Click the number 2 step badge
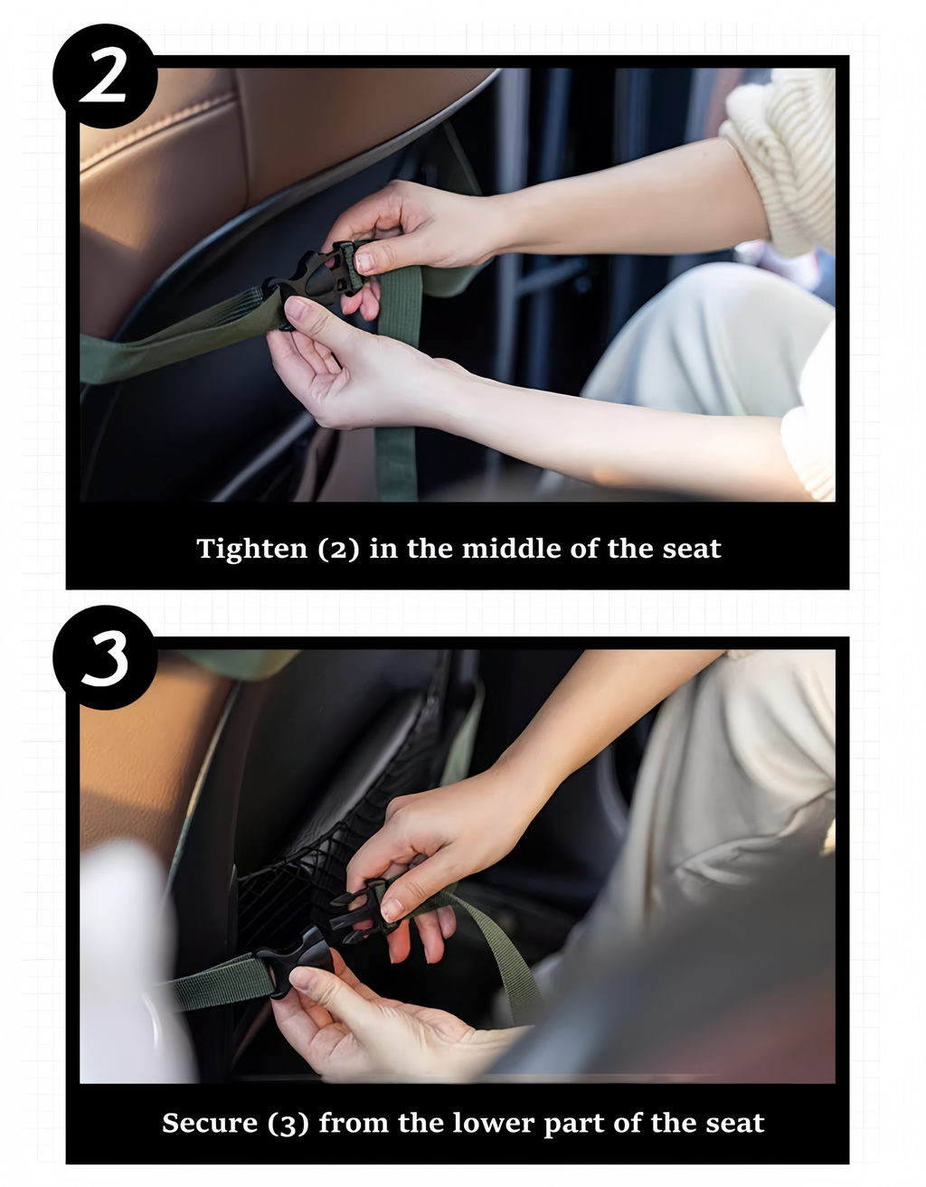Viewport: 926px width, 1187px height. click(105, 78)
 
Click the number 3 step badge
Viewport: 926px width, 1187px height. click(105, 657)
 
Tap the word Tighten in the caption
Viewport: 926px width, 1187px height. click(252, 549)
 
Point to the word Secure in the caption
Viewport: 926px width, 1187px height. click(210, 1123)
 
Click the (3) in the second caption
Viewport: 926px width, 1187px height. click(288, 1124)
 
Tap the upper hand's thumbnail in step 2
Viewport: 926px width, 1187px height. click(364, 261)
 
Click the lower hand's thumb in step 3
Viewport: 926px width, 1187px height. click(312, 984)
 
